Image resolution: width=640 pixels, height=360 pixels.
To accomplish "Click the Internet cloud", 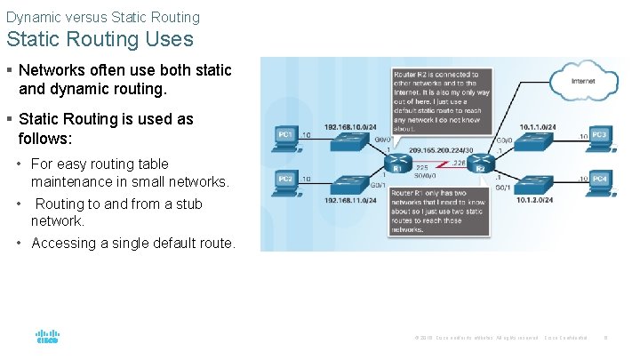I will pyautogui.click(x=583, y=81).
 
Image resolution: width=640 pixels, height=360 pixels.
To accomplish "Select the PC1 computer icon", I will pyautogui.click(x=286, y=138).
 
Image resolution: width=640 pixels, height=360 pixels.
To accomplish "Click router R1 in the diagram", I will pyautogui.click(x=397, y=164).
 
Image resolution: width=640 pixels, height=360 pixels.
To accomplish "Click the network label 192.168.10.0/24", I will pyautogui.click(x=356, y=126).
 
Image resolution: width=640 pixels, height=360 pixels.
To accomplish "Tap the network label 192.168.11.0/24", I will pyautogui.click(x=356, y=201).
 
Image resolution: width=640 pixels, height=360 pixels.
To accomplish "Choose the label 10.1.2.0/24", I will pyautogui.click(x=537, y=201).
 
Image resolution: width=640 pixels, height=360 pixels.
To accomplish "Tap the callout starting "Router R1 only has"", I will pyautogui.click(x=441, y=211).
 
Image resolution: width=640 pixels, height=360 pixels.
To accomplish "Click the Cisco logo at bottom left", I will pyautogui.click(x=47, y=337).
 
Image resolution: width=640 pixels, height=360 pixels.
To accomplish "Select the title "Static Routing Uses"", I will pyautogui.click(x=100, y=39).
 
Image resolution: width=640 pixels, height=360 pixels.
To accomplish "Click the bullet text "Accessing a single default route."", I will pyautogui.click(x=133, y=243).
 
